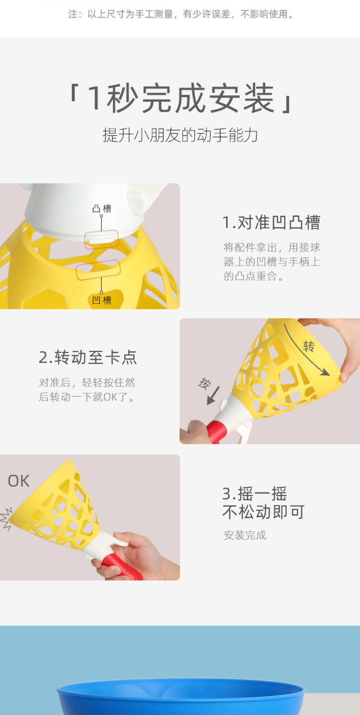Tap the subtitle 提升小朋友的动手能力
[180, 135]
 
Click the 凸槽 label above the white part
[102, 209]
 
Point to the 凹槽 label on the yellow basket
[102, 301]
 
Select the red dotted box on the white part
[102, 239]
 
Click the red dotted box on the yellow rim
[98, 270]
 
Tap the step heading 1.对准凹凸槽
[271, 222]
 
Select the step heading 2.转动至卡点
[88, 357]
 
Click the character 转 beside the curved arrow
[309, 346]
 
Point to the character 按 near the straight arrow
[205, 383]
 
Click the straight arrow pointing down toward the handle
[213, 395]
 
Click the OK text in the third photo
[19, 481]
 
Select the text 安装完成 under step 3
[245, 535]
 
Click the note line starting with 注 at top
[181, 14]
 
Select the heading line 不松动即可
[263, 512]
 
